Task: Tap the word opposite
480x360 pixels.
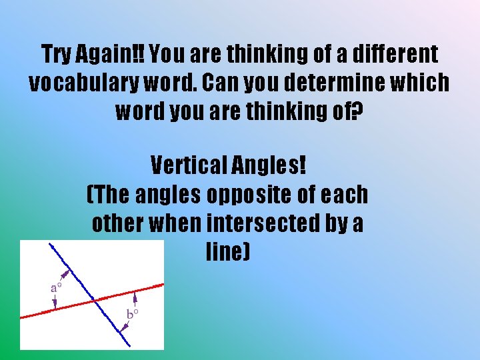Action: pyautogui.click(x=240, y=195)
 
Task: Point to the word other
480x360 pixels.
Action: pyautogui.click(x=117, y=223)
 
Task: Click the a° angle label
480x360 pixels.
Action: pyautogui.click(x=57, y=288)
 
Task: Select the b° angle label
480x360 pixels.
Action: pyautogui.click(x=132, y=313)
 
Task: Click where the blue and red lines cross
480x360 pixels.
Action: pyautogui.click(x=95, y=301)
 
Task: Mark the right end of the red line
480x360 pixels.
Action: pyautogui.click(x=162, y=285)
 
